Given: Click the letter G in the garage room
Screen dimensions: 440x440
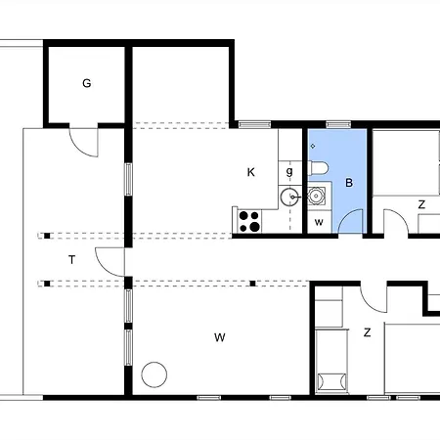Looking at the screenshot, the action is click(87, 83).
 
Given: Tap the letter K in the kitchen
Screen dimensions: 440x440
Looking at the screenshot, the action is click(250, 172).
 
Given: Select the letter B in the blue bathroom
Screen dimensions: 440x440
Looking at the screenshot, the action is click(349, 183).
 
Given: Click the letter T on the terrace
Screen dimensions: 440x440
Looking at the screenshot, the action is click(72, 260).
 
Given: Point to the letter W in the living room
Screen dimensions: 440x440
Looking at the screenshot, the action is click(220, 337).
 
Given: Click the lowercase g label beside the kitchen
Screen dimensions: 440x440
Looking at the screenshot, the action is click(289, 172).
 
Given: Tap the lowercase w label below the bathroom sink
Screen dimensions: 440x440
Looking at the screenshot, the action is click(319, 222).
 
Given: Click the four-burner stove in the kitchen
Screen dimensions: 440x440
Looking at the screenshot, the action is click(249, 221).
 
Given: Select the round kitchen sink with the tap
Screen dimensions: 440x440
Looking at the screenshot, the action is click(289, 197).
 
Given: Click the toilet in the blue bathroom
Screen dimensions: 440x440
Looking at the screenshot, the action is click(318, 168).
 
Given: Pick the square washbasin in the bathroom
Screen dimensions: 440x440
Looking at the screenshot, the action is click(316, 196).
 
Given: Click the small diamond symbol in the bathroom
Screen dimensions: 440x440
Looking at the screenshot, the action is click(313, 146).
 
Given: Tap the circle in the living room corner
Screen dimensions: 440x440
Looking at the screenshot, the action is click(154, 374).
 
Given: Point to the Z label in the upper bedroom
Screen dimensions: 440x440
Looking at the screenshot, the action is click(421, 204).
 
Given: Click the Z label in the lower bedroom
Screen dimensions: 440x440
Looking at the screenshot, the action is click(368, 332).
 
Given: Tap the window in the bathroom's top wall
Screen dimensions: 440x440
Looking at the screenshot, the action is click(338, 124).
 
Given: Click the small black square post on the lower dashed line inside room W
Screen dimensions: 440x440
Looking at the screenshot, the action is click(252, 284).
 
